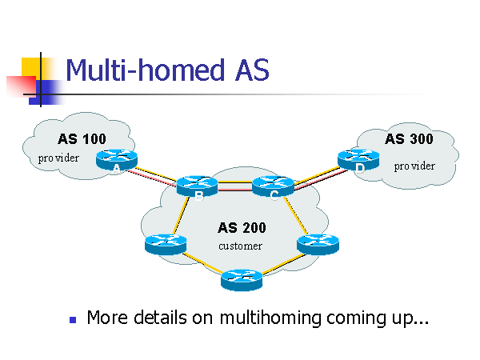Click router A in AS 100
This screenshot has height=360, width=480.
pyautogui.click(x=117, y=161)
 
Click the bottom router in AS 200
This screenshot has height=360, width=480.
pyautogui.click(x=242, y=279)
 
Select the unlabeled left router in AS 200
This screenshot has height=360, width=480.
pyautogui.click(x=166, y=242)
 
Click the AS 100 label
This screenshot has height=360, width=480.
pyautogui.click(x=82, y=138)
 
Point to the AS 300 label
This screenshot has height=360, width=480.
pyautogui.click(x=409, y=138)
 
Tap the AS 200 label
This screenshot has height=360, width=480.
pyautogui.click(x=242, y=228)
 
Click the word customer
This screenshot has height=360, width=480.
pyautogui.click(x=240, y=246)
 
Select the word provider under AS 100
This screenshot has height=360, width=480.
pyautogui.click(x=59, y=158)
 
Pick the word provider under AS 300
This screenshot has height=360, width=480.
pyautogui.click(x=414, y=166)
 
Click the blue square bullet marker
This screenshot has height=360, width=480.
pyautogui.click(x=73, y=319)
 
